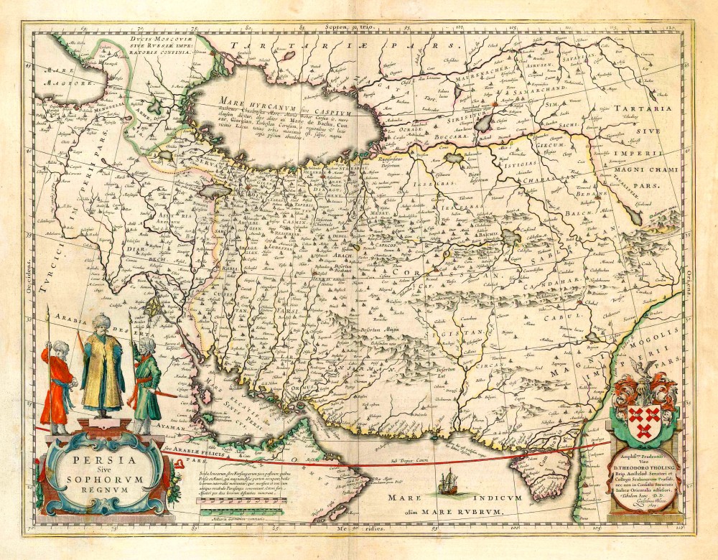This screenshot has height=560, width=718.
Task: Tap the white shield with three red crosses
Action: coord(644,416)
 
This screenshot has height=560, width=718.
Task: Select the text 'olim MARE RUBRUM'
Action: coord(442,511)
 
